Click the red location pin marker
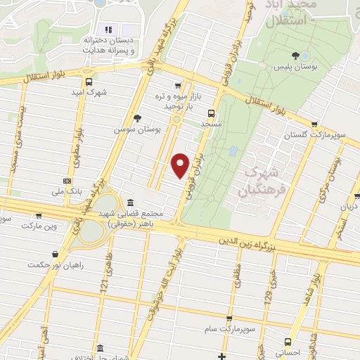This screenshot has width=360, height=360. [181, 165]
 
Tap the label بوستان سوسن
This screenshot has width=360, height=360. [139, 130]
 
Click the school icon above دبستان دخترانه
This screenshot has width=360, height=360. [108, 30]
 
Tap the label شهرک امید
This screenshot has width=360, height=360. [92, 92]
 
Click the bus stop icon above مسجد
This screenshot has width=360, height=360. [212, 112]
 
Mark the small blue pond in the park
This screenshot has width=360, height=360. [233, 152]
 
